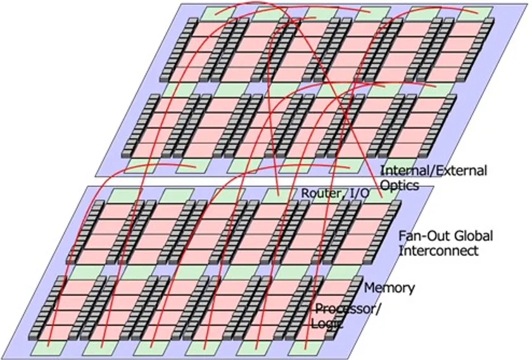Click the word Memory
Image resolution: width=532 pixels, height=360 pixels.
click(x=389, y=288)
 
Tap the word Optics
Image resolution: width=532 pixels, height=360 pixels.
click(x=400, y=186)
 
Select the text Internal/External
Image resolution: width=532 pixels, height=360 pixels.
click(x=433, y=170)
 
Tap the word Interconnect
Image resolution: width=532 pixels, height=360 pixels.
click(x=438, y=250)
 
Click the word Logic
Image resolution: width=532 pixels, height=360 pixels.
click(x=327, y=324)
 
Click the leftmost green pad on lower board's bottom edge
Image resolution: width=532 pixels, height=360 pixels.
click(x=47, y=348)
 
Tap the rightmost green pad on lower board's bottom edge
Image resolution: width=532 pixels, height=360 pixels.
click(x=305, y=348)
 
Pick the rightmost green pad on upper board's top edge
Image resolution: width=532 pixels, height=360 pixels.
click(x=474, y=13)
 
